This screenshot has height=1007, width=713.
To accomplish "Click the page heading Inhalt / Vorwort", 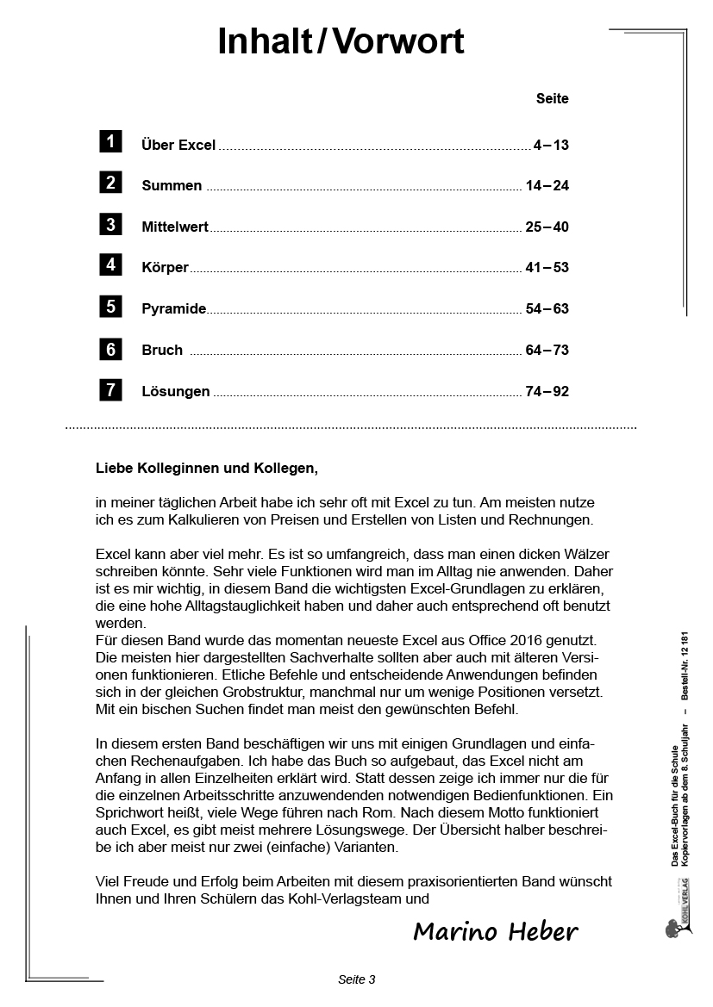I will click(x=341, y=41).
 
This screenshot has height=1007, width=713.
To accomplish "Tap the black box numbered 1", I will click(x=110, y=142).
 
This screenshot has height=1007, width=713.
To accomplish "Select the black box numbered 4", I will click(x=110, y=265).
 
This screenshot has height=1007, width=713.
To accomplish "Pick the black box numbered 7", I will click(x=110, y=389).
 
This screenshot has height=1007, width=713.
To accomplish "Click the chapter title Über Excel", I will click(x=178, y=146).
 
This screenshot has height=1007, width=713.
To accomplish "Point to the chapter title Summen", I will click(x=172, y=186).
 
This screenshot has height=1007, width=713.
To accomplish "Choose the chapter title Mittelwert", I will click(x=175, y=227).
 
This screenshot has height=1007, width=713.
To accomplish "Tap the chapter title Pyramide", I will click(x=173, y=309).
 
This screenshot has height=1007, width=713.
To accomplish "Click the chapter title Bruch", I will click(x=162, y=351).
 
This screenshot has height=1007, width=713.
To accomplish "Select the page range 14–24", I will click(x=547, y=186).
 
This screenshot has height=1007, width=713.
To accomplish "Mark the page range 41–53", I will click(x=547, y=268).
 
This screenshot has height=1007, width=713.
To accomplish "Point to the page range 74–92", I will click(x=547, y=392).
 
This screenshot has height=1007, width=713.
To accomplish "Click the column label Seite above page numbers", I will click(x=552, y=99).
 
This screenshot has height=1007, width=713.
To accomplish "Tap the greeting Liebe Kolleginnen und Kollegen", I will click(x=207, y=469).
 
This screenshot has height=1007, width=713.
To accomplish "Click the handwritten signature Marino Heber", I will click(x=495, y=932).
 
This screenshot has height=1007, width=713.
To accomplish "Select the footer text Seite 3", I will click(x=356, y=979).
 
